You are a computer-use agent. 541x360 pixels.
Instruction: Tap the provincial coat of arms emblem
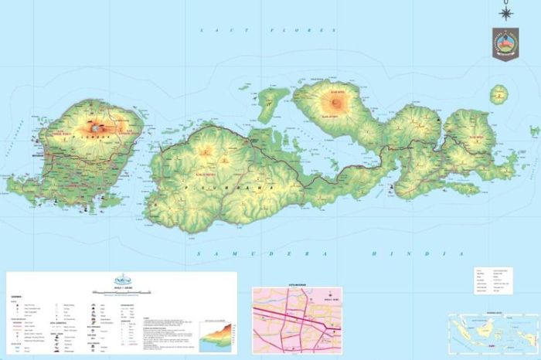tap(505, 43)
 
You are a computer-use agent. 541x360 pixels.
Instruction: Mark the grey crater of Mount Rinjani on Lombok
tap(98, 124)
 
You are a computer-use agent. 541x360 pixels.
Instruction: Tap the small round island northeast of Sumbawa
tap(499, 95)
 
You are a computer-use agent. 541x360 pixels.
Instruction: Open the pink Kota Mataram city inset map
tap(298, 317)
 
